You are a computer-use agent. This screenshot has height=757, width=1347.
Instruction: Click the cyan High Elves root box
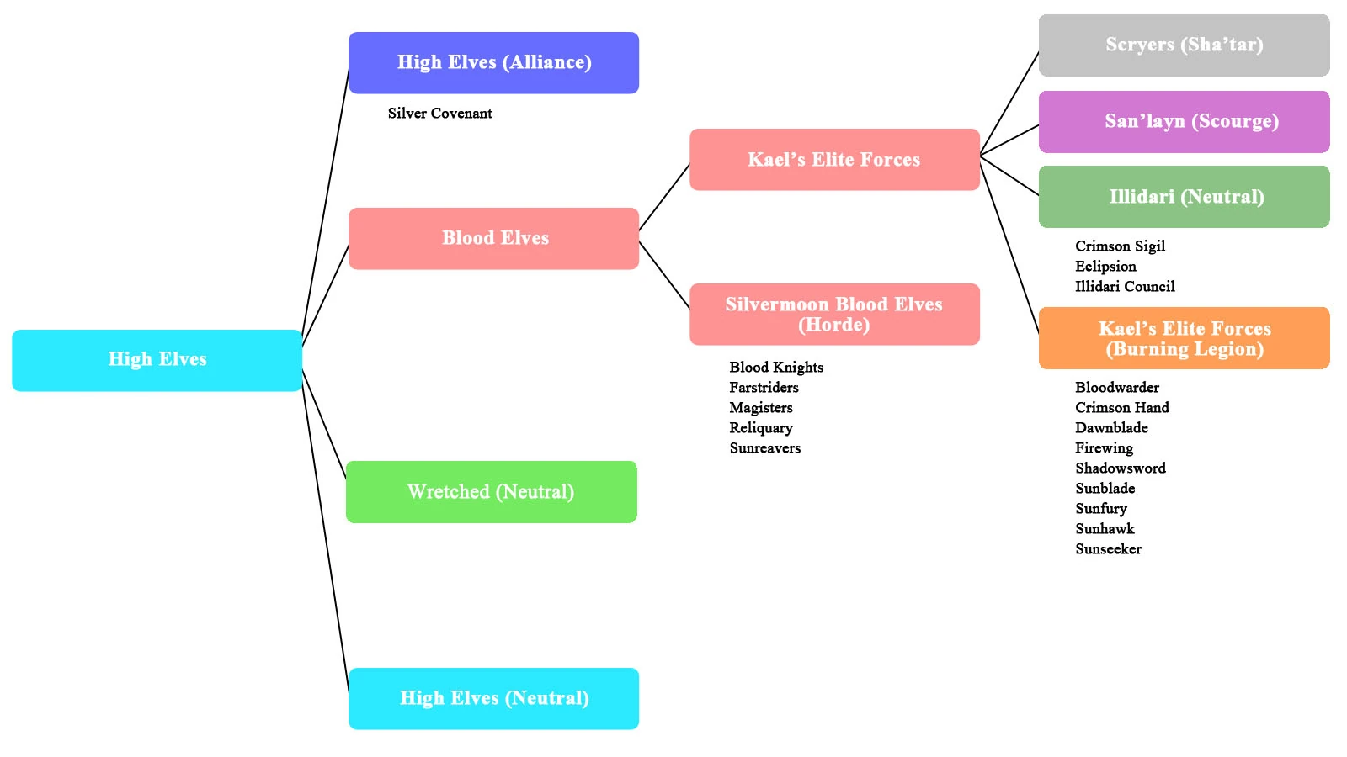157,360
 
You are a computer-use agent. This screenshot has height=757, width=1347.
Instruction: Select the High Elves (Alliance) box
494,63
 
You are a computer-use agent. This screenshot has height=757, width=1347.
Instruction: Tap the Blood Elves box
494,239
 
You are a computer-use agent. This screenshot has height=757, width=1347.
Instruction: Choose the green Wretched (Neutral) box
491,492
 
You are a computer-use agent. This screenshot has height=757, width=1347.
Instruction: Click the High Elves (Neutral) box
494,699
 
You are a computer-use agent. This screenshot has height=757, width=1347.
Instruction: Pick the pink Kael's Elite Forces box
834,160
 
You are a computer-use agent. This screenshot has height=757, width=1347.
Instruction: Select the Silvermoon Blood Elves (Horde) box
834,315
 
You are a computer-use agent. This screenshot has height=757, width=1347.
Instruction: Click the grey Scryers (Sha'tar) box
1184,45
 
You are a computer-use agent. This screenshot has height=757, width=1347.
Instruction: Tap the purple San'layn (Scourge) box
1184,122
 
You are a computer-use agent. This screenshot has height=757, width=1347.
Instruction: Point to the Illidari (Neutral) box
1184,197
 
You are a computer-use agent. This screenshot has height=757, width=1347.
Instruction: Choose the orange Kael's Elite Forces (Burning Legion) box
1184,338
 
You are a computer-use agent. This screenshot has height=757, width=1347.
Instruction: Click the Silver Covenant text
440,114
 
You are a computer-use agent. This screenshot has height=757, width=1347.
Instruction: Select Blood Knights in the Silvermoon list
776,368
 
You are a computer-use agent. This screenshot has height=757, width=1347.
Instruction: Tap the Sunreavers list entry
765,448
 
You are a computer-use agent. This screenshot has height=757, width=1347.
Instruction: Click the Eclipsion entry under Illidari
1105,267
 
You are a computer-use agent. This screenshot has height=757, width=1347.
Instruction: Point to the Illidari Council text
1125,287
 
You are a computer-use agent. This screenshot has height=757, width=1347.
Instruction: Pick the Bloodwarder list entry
1117,388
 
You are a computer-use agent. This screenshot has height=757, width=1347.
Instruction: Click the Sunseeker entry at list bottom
1109,549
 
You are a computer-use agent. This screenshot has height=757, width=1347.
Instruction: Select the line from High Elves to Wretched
324,424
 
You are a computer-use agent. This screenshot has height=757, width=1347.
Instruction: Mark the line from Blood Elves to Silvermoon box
664,274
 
